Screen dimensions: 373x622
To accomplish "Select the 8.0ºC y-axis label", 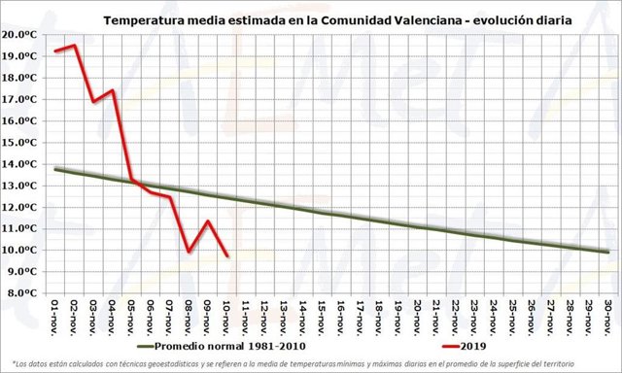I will point(20,292).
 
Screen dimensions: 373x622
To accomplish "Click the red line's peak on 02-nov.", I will point(75,45).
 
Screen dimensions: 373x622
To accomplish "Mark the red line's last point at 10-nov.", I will point(227,256).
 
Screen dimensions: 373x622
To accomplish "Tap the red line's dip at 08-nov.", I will point(190,252).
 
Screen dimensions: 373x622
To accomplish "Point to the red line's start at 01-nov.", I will point(55,51).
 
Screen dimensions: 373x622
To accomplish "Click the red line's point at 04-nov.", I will point(113,90).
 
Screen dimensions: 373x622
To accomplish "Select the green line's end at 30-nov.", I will point(607,252).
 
